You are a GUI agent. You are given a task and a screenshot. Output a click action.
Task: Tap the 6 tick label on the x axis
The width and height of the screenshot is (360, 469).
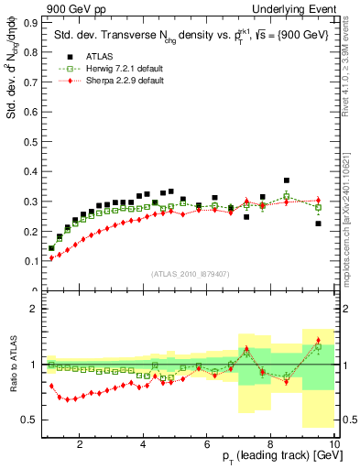(207, 444)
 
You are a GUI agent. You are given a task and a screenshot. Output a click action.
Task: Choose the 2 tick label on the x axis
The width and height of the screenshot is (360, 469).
(80, 444)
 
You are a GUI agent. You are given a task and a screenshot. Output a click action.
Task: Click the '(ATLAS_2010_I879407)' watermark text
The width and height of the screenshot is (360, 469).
(190, 274)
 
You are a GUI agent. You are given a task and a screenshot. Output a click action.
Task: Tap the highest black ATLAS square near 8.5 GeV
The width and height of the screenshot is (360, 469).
(287, 180)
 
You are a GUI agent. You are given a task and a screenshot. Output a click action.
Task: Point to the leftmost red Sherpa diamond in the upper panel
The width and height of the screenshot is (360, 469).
(52, 258)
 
